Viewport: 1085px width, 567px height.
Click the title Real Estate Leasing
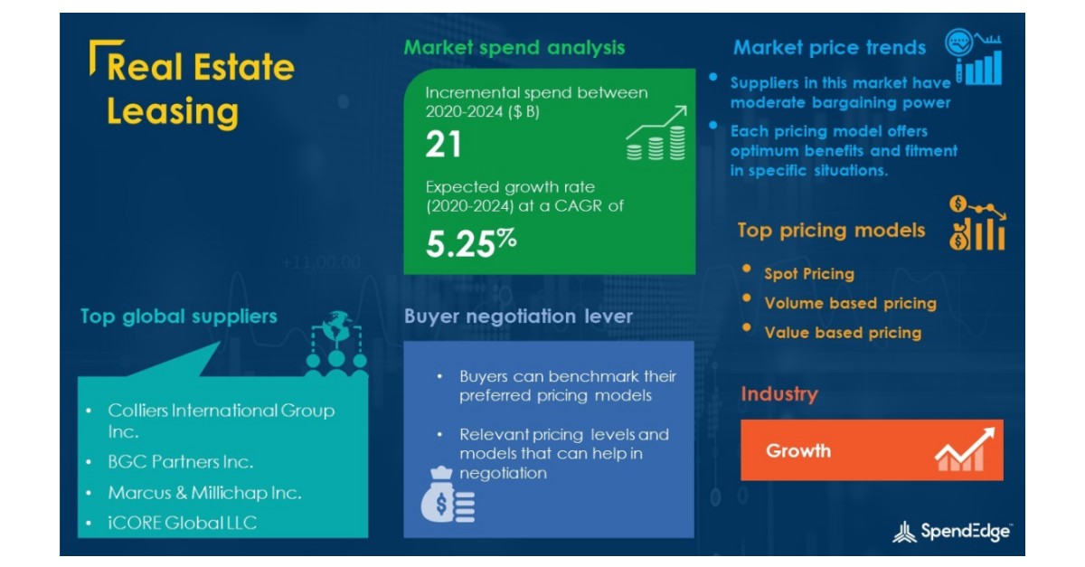pos(200,90)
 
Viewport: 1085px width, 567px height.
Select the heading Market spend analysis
pos(514,48)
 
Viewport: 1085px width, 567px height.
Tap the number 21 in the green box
pos(443,145)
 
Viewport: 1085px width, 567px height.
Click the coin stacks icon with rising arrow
pos(656,135)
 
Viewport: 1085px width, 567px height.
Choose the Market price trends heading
pos(829,48)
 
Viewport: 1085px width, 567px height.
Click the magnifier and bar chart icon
pos(973,57)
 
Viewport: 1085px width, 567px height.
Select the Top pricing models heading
pos(831,231)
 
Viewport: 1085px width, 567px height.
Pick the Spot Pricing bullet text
pos(808,274)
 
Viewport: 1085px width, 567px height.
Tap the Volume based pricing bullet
pos(850,304)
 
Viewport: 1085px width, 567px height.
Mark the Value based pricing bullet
pos(843,333)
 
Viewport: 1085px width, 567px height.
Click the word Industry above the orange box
pos(778,394)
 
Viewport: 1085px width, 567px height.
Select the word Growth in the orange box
pos(798,450)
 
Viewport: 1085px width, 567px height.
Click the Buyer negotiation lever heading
pos(518,317)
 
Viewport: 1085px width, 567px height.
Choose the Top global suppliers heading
pos(178,317)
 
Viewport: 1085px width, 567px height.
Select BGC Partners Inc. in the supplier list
pos(180,462)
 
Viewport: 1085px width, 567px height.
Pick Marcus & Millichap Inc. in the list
pos(204,493)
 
